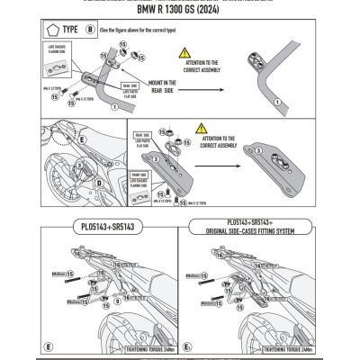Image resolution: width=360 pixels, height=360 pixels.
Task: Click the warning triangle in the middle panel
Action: tap(207, 133)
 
